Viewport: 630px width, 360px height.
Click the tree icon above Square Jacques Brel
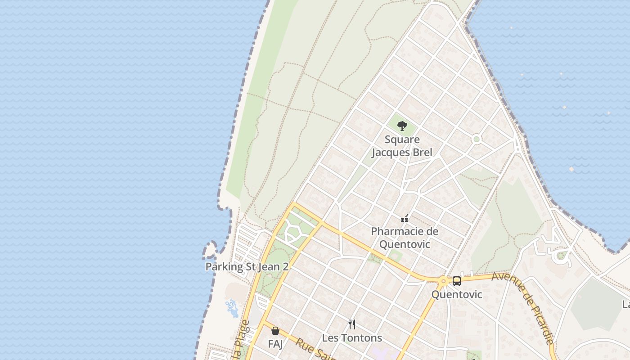[x=402, y=126]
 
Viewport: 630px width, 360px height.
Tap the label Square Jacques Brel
[x=402, y=146]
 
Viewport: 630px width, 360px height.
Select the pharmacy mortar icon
[x=405, y=219]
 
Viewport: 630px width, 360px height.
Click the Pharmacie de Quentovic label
[x=405, y=238]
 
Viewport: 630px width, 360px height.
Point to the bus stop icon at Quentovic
[x=456, y=281]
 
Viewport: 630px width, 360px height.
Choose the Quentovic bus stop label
[x=456, y=294]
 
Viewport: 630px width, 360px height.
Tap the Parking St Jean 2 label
[x=247, y=266]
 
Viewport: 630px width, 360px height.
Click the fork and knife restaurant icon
[x=352, y=324]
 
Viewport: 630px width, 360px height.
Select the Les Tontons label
[x=352, y=337]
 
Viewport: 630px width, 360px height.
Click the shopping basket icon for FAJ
[x=275, y=331]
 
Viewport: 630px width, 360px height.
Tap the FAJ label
[x=275, y=344]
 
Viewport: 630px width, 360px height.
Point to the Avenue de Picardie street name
[x=524, y=306]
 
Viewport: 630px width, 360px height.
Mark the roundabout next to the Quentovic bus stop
[x=443, y=282]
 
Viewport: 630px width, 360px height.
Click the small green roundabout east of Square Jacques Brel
[x=477, y=139]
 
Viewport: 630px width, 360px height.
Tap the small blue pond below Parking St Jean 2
[x=232, y=308]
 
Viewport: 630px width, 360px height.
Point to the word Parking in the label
[x=224, y=266]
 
